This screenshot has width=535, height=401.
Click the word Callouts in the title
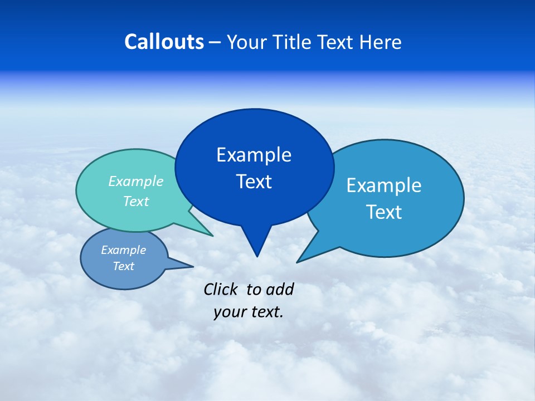[164, 42]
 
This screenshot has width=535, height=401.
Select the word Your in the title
[247, 42]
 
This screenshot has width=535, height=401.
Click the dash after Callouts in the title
[216, 42]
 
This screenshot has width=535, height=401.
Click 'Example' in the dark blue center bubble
[254, 155]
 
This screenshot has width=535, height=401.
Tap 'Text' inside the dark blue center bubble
[254, 182]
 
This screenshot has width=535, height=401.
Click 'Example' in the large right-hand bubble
[384, 185]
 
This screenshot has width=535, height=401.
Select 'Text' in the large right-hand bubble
[384, 212]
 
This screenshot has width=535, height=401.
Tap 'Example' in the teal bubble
[136, 181]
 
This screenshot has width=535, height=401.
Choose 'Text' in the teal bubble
[136, 201]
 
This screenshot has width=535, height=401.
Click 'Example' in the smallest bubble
[123, 250]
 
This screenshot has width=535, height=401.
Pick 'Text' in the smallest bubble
[123, 266]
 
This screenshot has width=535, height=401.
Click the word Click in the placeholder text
[221, 289]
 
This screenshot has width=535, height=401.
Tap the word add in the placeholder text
[279, 289]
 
